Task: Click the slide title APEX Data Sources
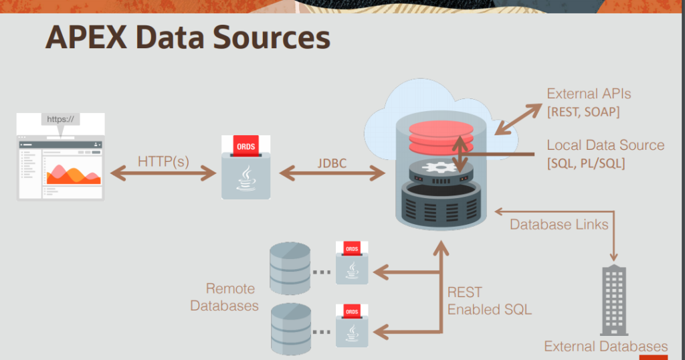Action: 188,39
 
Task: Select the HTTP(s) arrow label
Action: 163,161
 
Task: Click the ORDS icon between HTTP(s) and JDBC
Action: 246,167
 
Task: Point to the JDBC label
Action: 332,161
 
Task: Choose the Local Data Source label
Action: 605,145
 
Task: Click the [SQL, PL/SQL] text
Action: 586,163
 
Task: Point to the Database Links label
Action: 559,224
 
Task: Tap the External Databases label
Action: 605,346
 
